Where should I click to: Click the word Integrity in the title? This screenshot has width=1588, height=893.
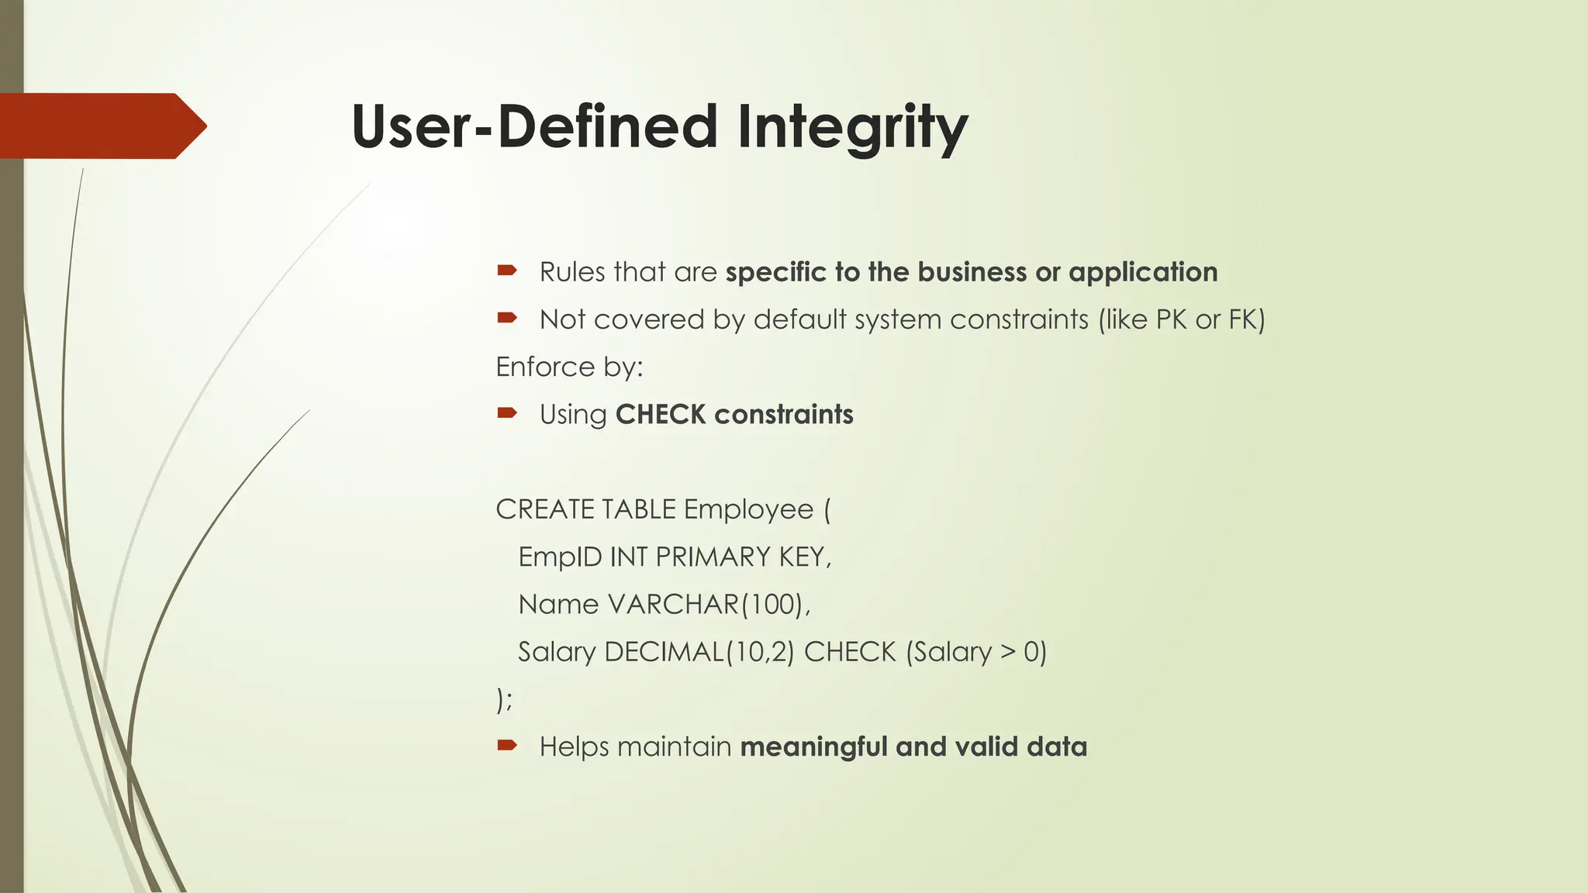tap(852, 127)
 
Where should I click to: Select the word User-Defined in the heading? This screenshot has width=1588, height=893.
tap(534, 127)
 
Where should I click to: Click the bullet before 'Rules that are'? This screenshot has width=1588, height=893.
tap(507, 271)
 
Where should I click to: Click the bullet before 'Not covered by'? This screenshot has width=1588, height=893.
tap(507, 318)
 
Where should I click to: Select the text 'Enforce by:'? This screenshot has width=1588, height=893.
tap(569, 367)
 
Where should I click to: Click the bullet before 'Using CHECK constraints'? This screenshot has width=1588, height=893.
tap(507, 413)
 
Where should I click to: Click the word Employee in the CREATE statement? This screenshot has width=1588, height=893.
tap(748, 510)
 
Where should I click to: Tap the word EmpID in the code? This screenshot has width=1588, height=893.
tap(560, 557)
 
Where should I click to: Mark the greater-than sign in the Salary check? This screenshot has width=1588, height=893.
tap(1007, 652)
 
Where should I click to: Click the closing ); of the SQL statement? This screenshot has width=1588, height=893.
tap(504, 699)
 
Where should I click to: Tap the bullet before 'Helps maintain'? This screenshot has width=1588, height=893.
tap(507, 746)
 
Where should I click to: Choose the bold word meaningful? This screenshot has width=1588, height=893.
tap(813, 747)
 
